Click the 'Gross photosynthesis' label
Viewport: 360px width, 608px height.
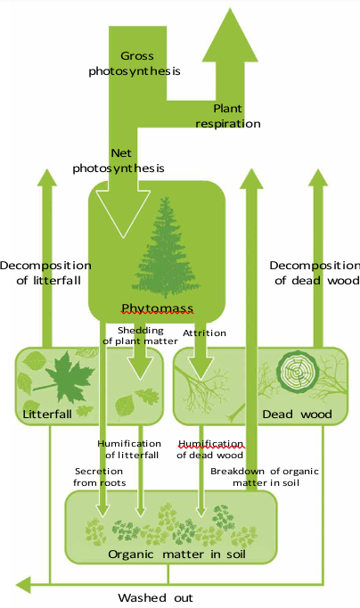click(135, 63)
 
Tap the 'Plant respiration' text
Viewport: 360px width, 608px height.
click(228, 116)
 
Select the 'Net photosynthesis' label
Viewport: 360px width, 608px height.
click(119, 160)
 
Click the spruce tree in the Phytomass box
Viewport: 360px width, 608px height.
click(166, 247)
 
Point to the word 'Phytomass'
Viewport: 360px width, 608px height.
click(158, 308)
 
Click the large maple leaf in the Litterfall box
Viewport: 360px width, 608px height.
click(66, 376)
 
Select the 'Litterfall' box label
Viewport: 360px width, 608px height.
click(47, 415)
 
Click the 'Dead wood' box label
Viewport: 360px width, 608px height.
click(298, 415)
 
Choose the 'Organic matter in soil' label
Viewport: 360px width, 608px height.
click(176, 555)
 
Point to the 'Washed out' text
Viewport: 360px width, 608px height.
click(155, 597)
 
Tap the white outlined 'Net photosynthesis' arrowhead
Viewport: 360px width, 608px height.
click(123, 213)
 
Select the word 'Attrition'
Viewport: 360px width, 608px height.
click(204, 333)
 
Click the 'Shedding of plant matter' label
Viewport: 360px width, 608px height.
click(140, 336)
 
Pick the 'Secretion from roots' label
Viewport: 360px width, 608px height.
click(99, 477)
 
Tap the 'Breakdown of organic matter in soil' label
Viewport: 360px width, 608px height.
click(265, 477)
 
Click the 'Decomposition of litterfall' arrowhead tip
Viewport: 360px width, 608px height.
click(47, 169)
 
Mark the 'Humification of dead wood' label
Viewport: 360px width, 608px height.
click(210, 449)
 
